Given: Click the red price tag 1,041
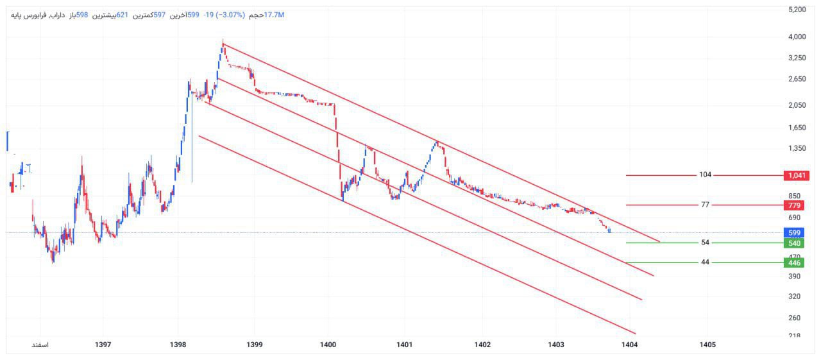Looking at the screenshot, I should coord(795,175).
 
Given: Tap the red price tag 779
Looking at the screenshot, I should coord(795,205).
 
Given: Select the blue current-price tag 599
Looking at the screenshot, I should coord(795,233).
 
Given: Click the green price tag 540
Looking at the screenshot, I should coord(795,243).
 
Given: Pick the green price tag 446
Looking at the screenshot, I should coord(795,262).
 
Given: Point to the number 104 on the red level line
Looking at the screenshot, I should coord(706,175).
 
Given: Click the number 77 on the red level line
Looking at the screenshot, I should coord(706,205).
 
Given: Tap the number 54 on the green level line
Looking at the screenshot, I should coord(706,243).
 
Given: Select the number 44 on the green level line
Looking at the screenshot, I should coord(706,262).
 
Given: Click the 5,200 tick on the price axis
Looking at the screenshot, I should coord(797,10).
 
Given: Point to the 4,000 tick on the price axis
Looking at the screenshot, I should coord(797,37).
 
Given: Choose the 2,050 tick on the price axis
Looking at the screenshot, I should coord(797,105).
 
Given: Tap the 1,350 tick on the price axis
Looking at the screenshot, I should coord(797,149).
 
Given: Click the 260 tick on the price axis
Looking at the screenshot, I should coord(797,318).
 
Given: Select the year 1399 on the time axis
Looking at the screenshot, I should coord(255,345).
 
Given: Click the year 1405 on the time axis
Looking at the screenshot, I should coord(707,345).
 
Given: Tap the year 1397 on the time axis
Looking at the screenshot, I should coord(103,345).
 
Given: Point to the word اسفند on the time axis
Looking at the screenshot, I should coord(40,345).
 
